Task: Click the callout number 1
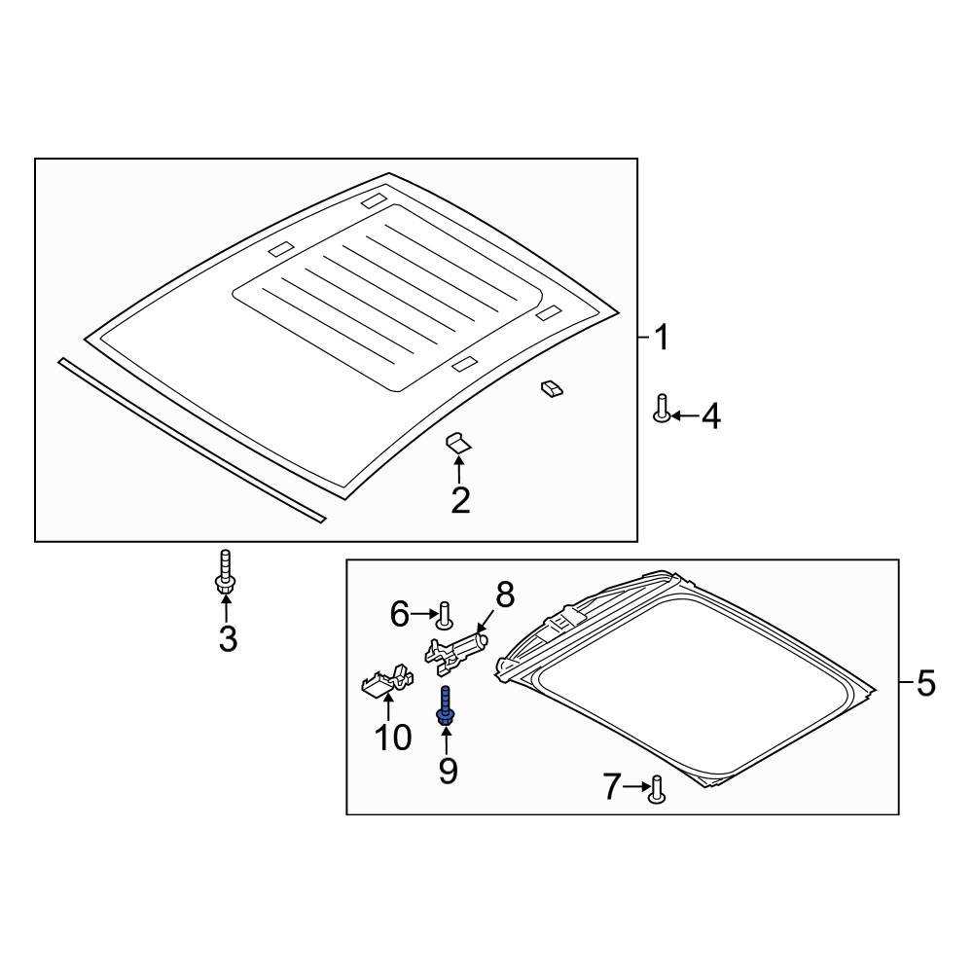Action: pos(662,337)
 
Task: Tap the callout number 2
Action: pos(460,501)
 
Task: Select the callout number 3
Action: pos(228,638)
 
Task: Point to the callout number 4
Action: pos(711,415)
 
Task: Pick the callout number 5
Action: pos(925,683)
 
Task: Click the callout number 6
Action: pos(400,614)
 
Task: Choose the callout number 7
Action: pos(612,786)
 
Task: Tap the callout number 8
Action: pos(505,595)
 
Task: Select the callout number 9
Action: pos(448,771)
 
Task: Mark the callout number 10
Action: pos(393,738)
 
